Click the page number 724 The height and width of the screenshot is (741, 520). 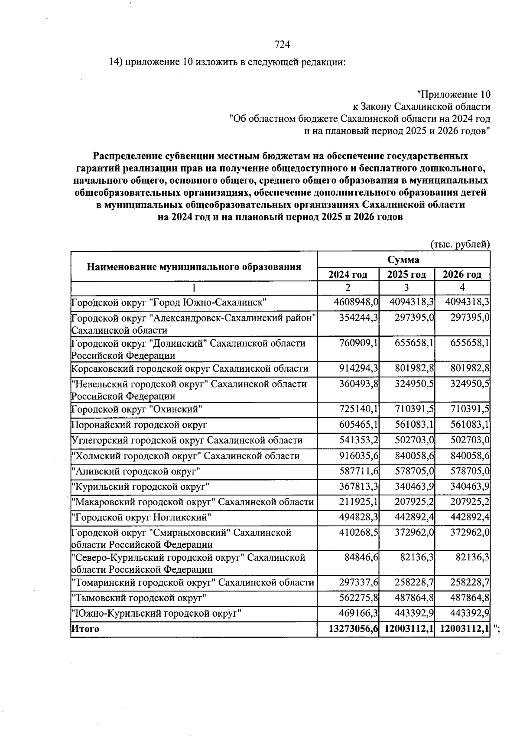tap(282, 44)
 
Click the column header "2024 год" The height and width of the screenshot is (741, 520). tap(348, 275)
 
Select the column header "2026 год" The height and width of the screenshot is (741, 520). tap(462, 275)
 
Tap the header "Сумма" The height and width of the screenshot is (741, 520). tap(403, 260)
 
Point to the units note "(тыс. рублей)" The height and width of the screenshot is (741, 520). tap(460, 244)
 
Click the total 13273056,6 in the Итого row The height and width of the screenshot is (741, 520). tap(354, 629)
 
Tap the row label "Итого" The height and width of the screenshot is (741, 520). tap(85, 629)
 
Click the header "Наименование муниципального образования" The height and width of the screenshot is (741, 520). tap(194, 266)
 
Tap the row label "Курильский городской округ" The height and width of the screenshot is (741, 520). tap(140, 487)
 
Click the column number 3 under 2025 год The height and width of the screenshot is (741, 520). tap(406, 288)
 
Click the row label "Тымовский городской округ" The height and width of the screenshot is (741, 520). tap(139, 598)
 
